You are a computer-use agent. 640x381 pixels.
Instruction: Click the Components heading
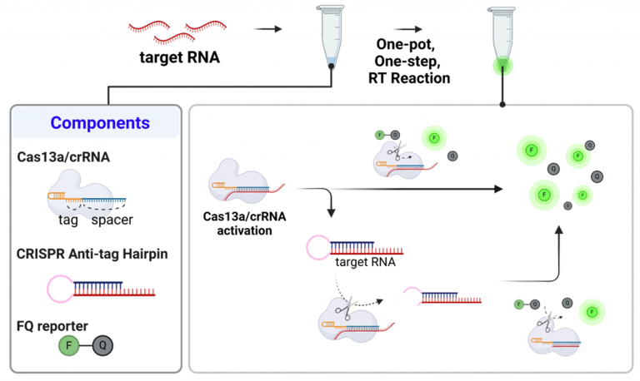pyautogui.click(x=99, y=123)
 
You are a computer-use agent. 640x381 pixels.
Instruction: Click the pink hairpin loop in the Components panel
pyautogui.click(x=60, y=288)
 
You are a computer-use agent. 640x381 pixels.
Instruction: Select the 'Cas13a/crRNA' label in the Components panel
pyautogui.click(x=57, y=156)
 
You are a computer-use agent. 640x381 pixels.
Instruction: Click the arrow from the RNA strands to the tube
pyautogui.click(x=266, y=28)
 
